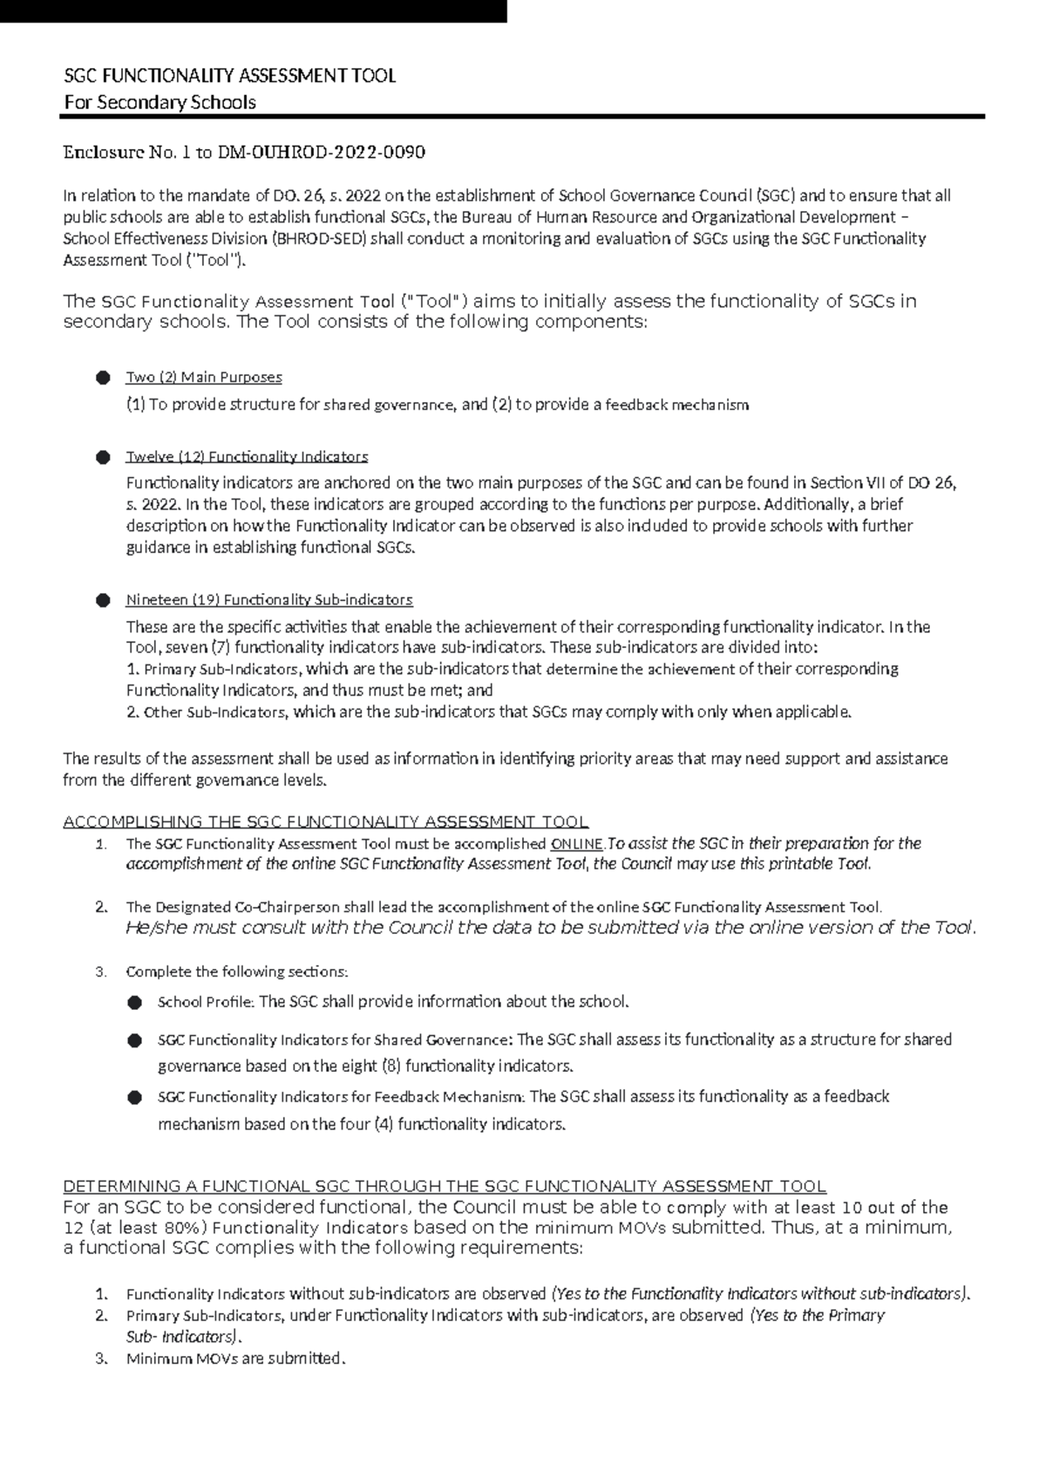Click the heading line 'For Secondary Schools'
160,103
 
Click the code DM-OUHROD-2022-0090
321,153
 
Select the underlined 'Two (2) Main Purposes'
204,378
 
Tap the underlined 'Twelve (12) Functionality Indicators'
247,457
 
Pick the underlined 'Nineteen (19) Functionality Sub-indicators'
269,600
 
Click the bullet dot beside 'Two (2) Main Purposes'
104,378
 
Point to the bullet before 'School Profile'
134,1003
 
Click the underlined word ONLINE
577,844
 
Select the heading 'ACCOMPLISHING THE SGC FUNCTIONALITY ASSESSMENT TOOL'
326,822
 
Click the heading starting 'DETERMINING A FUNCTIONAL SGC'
445,1187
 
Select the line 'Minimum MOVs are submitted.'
236,1359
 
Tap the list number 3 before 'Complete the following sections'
101,972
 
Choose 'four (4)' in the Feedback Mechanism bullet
366,1125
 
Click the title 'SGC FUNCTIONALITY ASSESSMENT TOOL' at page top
230,76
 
